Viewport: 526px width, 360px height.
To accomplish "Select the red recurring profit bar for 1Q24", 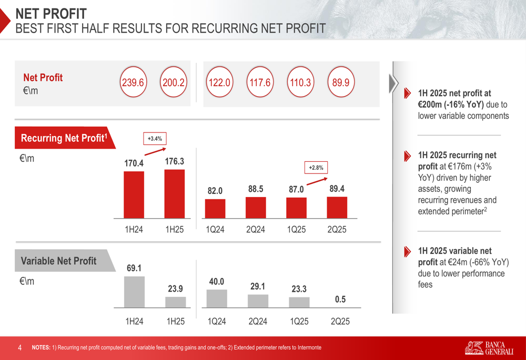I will [215, 208].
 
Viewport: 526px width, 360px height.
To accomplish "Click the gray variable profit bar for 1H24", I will [134, 292].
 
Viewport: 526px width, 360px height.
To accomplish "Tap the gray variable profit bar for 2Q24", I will [258, 301].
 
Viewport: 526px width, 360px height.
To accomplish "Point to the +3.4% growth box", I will [155, 139].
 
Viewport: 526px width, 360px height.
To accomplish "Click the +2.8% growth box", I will [316, 168].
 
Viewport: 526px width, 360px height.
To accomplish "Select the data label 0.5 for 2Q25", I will [340, 300].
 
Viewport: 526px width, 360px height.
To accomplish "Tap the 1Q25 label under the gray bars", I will [299, 322].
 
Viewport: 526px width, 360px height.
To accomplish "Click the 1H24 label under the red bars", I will [134, 230].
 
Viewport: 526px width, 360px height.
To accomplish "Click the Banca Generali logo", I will [489, 347].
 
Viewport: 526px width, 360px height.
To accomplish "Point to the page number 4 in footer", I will [20, 347].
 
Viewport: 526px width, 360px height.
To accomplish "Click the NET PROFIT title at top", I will [51, 14].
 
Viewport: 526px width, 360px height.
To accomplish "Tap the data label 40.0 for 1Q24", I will [217, 282].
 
